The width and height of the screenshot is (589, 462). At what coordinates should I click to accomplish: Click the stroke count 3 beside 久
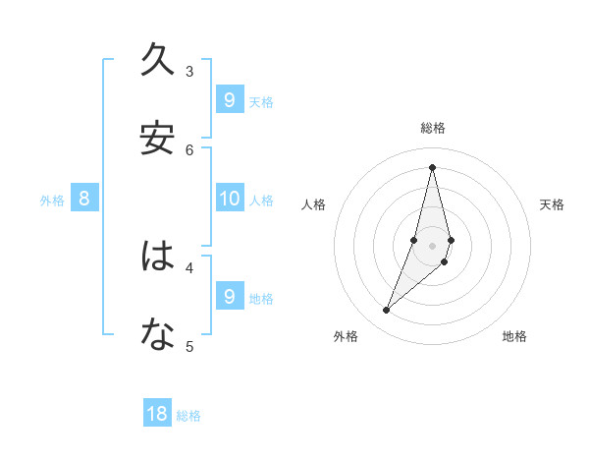click(189, 71)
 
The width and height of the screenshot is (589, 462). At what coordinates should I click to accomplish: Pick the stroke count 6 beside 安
click(189, 149)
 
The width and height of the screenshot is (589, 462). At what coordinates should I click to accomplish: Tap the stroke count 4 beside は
click(189, 266)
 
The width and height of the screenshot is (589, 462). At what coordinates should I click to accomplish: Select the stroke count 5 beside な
click(189, 346)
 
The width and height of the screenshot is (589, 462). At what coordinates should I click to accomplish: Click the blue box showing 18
click(157, 415)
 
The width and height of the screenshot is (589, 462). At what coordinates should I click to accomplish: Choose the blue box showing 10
click(229, 199)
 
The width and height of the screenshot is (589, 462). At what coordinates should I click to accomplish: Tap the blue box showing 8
click(84, 199)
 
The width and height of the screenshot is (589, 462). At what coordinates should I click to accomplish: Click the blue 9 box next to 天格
click(229, 100)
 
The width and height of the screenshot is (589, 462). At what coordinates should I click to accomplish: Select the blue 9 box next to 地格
click(229, 296)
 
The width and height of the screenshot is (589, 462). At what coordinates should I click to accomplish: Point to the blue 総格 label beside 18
click(188, 416)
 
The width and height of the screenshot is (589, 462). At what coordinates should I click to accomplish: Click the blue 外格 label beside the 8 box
click(52, 200)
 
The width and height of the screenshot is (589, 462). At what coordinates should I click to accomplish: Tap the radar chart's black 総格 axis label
click(432, 128)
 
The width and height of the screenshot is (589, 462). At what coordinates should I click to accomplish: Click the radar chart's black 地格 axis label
click(514, 336)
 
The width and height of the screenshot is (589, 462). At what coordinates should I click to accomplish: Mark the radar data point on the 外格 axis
click(387, 311)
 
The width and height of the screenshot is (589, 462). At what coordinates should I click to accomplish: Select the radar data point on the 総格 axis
click(432, 166)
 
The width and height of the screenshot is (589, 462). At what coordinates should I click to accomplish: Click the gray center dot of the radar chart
click(432, 245)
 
